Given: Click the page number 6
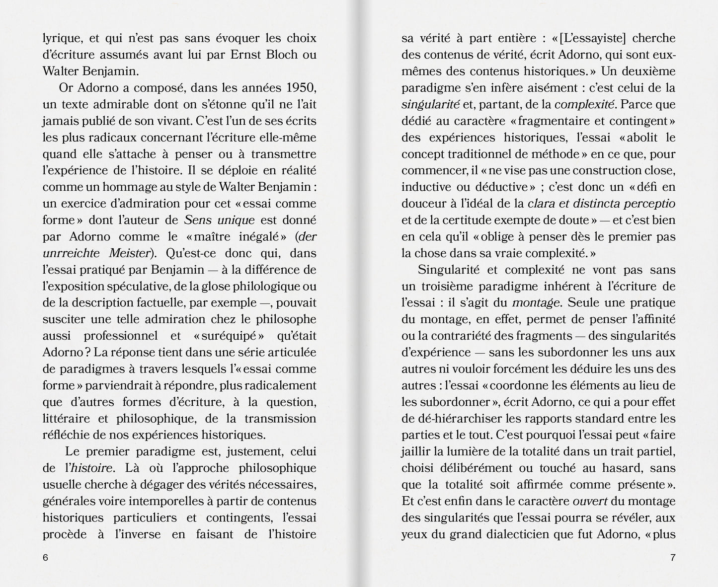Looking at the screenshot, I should click(x=45, y=557).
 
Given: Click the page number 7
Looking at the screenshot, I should click(x=673, y=557).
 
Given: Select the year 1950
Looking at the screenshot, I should click(x=302, y=88).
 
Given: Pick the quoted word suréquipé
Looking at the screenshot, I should click(x=228, y=336).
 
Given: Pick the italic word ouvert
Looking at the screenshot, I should click(x=579, y=501).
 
